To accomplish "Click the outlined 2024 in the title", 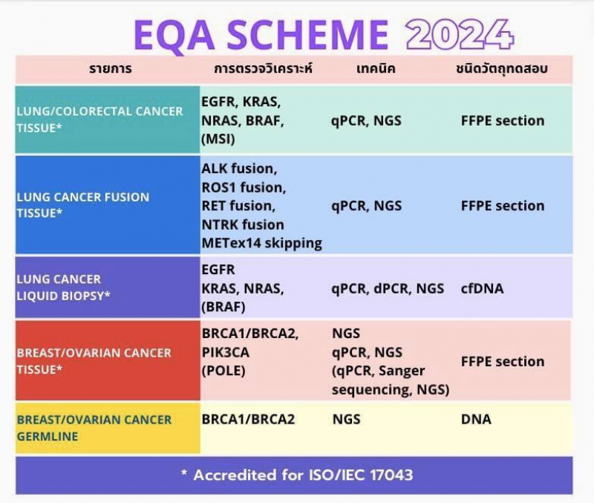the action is [460, 34].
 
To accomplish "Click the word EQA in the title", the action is [174, 35].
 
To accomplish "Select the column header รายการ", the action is [110, 68].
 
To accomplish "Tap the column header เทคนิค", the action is [376, 68].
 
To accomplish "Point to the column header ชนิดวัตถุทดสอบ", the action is [502, 68].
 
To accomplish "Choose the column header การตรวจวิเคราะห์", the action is [264, 68].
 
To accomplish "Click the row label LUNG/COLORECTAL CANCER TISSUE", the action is [99, 120].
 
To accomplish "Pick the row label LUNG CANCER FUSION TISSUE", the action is [83, 205].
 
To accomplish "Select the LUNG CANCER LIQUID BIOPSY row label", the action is [63, 288].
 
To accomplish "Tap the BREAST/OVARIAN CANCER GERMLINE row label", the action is [94, 428].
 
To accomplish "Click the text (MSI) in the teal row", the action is [218, 139].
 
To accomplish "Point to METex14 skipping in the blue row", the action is [262, 244].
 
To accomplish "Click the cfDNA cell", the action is [482, 288].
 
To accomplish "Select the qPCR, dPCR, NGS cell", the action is [388, 289].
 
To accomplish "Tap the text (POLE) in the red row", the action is [223, 370].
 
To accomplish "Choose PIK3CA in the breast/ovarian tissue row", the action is [226, 352].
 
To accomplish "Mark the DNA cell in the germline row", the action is [476, 419].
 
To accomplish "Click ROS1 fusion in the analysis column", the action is [244, 187].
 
